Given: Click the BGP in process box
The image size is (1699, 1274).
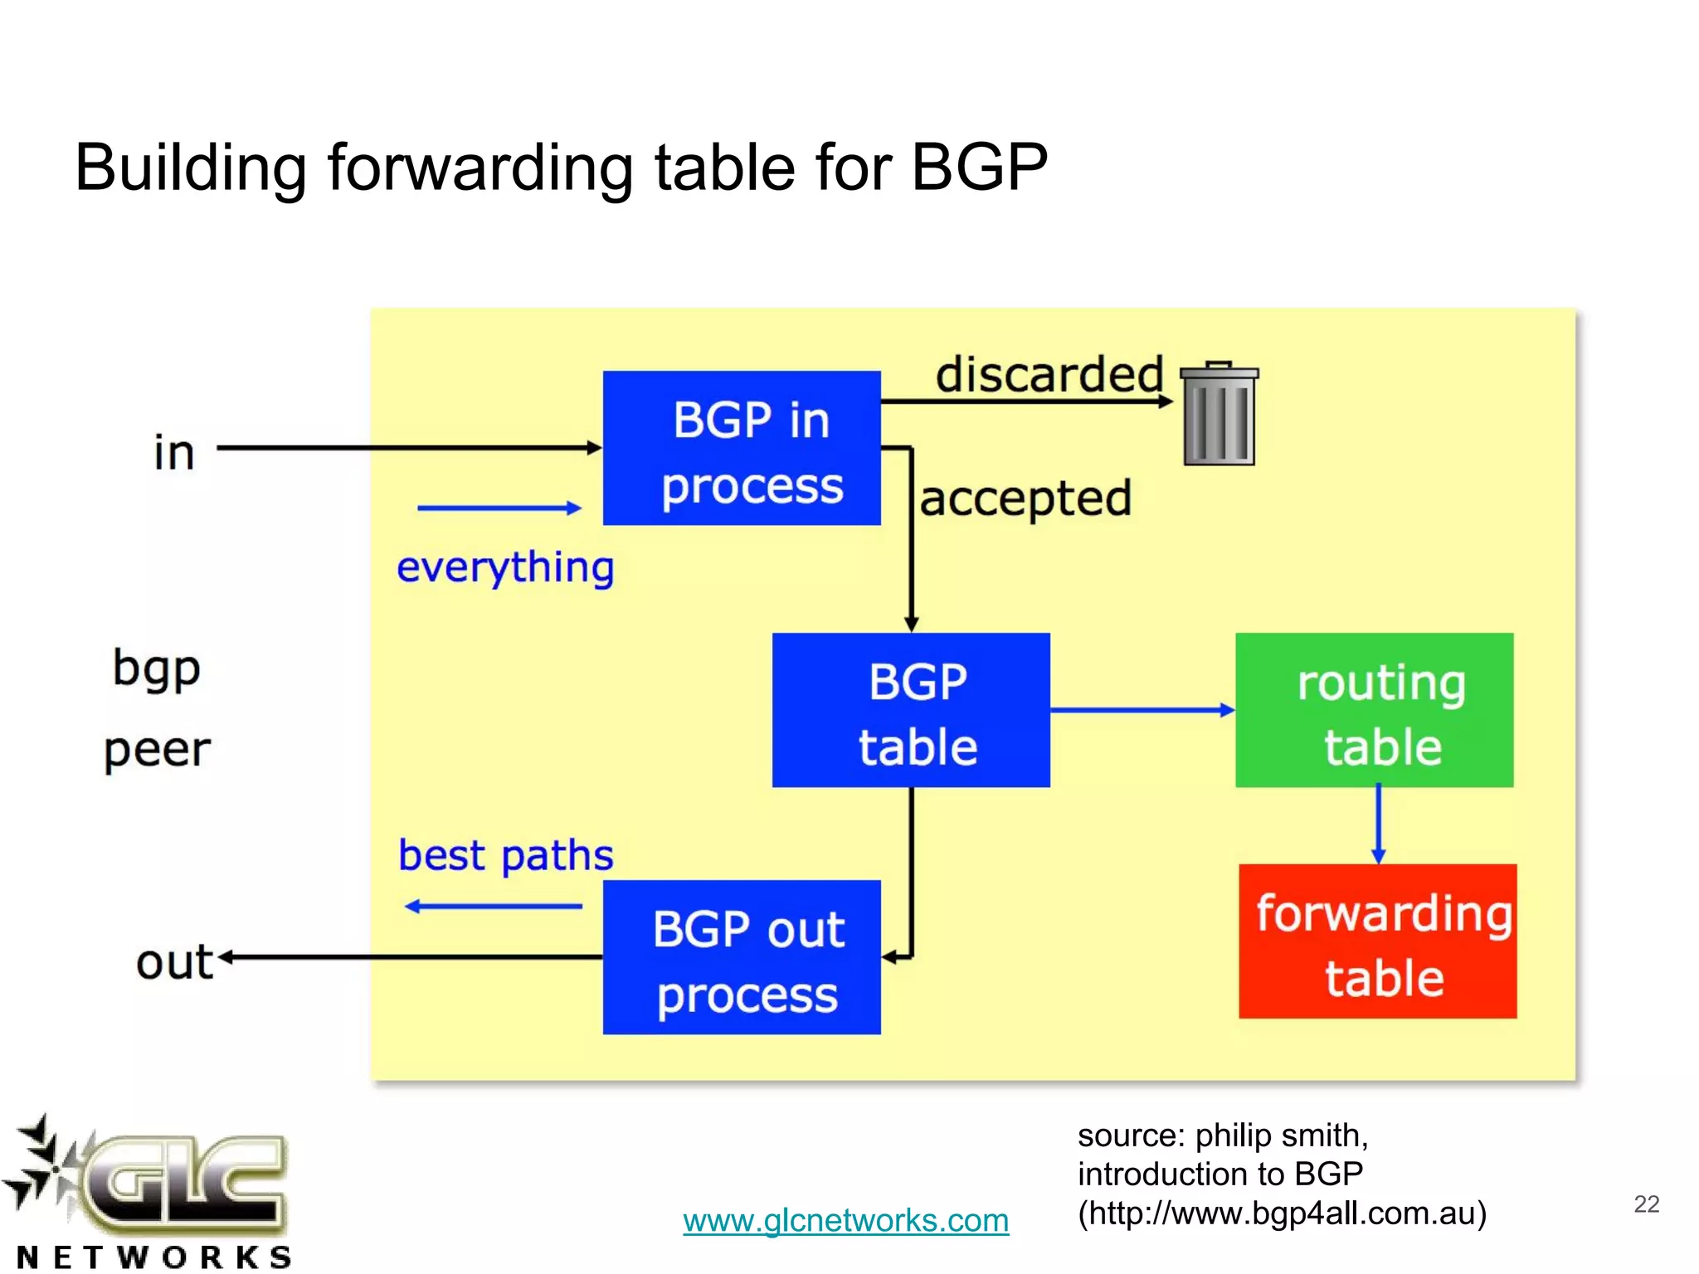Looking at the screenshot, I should click(x=741, y=448).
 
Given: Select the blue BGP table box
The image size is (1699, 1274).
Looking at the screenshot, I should click(x=910, y=710).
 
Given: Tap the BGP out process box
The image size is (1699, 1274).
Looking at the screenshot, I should click(x=741, y=957).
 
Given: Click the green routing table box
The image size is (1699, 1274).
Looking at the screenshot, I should click(x=1374, y=710).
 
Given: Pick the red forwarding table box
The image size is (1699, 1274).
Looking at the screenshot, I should click(x=1377, y=941).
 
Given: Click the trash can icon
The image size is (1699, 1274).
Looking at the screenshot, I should click(x=1219, y=414).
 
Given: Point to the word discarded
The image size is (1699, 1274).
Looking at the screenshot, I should click(x=1049, y=375).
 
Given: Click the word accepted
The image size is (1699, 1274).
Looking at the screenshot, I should click(x=1025, y=499).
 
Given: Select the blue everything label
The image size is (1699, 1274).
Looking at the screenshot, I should click(x=505, y=569).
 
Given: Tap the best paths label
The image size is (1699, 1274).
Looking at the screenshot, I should click(x=505, y=856).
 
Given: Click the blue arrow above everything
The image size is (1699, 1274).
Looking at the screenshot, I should click(x=499, y=508).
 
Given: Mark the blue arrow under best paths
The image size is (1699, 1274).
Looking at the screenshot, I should click(x=494, y=907).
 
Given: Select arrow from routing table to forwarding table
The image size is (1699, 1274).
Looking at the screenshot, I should click(x=1378, y=824).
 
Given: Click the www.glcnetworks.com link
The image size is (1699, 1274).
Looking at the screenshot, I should click(x=845, y=1220).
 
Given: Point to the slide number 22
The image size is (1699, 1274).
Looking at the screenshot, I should click(x=1646, y=1203).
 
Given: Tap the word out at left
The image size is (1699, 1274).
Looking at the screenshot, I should click(x=174, y=963).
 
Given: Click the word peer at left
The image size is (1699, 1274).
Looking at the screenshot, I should click(x=158, y=751).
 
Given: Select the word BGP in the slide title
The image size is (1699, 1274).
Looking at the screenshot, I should click(x=979, y=168).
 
